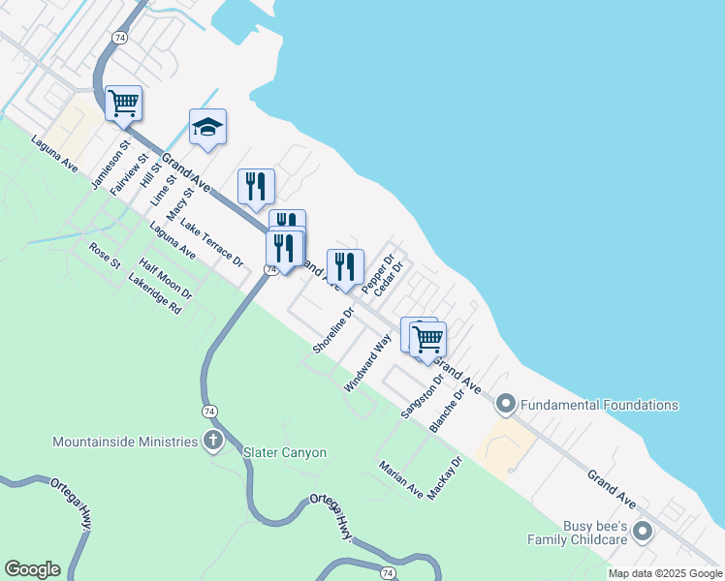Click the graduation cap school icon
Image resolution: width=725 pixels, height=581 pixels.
pyautogui.click(x=207, y=127)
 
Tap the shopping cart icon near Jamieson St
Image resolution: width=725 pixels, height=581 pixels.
pyautogui.click(x=123, y=103)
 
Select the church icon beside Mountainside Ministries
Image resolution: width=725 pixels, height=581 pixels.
pyautogui.click(x=212, y=442)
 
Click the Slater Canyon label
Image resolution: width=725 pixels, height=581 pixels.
pyautogui.click(x=285, y=452)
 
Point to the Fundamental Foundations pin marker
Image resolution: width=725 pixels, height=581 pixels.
pyautogui.click(x=505, y=404)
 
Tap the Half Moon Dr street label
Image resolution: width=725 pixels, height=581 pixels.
pyautogui.click(x=166, y=279)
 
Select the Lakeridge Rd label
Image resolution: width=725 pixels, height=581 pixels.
pyautogui.click(x=155, y=294)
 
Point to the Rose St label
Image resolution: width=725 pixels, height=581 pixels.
pyautogui.click(x=104, y=257)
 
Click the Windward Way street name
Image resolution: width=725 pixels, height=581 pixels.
pyautogui.click(x=366, y=362)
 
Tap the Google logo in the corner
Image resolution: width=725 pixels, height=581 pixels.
pyautogui.click(x=32, y=569)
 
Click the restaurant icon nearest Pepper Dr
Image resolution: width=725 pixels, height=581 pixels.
pyautogui.click(x=345, y=266)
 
